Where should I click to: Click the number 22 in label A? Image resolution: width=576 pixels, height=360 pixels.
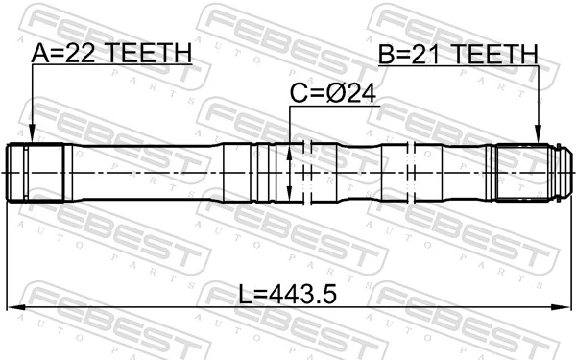84,55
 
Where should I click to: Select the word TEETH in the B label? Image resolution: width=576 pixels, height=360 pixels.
494,55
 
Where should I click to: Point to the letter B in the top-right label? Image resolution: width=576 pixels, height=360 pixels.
387,55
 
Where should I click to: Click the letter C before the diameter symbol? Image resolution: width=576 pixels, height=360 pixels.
299,92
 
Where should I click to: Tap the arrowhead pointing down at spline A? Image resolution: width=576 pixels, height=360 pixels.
32,137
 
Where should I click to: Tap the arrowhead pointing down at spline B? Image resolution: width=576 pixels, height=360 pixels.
538,137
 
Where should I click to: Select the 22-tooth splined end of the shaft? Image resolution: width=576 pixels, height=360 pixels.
36,172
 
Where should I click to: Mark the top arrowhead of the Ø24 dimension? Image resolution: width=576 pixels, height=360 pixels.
290,149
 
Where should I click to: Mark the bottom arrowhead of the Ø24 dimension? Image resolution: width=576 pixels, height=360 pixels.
290,195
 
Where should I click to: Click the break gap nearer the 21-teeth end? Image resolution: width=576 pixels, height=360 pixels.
412,172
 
